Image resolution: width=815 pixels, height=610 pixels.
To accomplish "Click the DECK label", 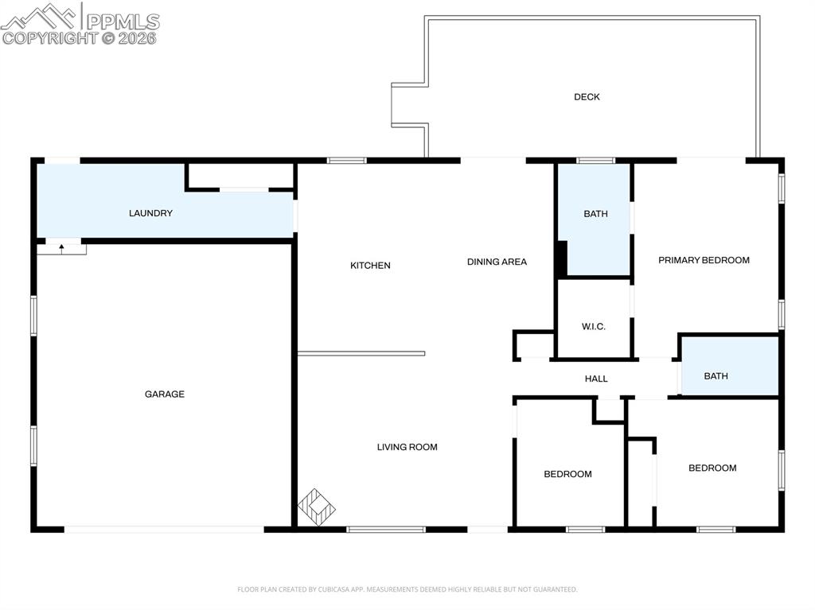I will tap(587, 97).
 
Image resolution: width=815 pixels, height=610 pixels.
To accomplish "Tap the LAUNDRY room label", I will tap(150, 213).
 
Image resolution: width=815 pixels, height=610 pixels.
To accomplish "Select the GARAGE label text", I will tap(165, 394).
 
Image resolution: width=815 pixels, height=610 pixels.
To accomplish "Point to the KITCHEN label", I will tap(370, 266).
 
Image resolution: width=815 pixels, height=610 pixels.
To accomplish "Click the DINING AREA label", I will tap(497, 262).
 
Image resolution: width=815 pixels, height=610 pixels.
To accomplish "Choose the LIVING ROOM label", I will tap(407, 447).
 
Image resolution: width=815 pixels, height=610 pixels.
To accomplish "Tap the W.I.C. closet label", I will tap(594, 327).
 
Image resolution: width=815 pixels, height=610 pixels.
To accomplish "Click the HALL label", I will tap(596, 379).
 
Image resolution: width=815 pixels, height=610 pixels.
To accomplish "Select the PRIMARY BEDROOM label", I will tap(704, 260).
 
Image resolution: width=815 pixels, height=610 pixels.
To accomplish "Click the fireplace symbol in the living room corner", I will tap(317, 507).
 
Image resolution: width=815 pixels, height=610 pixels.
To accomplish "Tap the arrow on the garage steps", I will tap(61, 249).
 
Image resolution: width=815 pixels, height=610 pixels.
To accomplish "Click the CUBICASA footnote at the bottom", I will tap(407, 589).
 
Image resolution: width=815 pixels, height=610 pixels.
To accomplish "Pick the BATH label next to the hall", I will tap(716, 376).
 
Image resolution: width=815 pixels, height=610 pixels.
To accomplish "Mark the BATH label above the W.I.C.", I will tap(595, 214).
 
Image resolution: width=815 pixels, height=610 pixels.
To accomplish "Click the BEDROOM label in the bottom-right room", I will tap(712, 468).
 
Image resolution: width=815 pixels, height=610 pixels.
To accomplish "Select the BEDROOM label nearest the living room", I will tap(567, 474).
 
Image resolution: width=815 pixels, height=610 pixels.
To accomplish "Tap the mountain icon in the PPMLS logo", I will tap(39, 16).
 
